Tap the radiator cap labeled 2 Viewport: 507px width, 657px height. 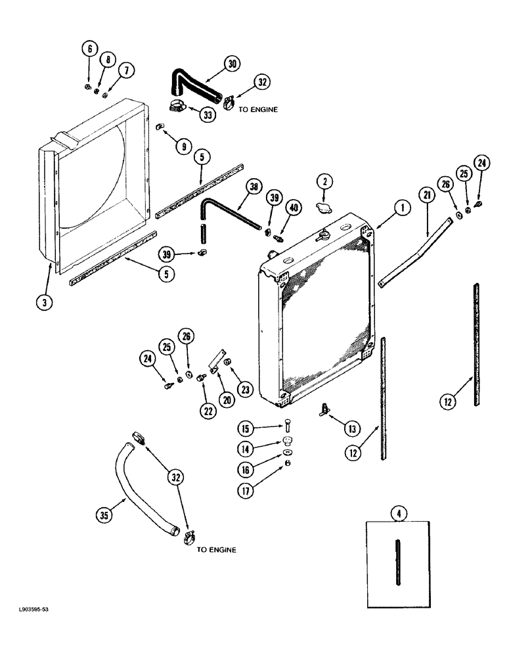coord(322,208)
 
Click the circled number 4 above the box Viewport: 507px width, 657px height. coord(397,511)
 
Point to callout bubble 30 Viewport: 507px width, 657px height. coord(232,63)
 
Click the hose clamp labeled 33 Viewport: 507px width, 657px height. coord(176,105)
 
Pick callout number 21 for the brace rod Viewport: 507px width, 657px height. coord(427,194)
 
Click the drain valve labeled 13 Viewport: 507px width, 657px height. coord(325,410)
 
